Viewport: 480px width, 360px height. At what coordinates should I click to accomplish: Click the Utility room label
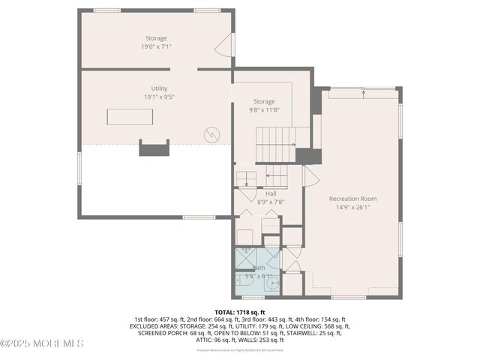[x=159, y=88]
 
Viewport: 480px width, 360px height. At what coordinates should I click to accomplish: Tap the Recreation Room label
[x=352, y=199]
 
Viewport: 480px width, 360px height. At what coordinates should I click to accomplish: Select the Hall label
[x=259, y=193]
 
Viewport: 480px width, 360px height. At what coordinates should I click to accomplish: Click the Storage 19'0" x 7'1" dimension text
[x=157, y=46]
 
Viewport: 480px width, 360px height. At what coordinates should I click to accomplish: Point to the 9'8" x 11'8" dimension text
[x=263, y=109]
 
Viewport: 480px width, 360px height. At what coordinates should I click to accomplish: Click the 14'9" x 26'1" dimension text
[x=352, y=207]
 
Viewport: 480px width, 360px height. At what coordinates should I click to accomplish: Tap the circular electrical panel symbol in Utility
[x=214, y=135]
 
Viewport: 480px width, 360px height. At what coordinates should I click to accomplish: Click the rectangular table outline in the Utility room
[x=130, y=117]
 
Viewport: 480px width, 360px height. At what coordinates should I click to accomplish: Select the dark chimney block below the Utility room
[x=154, y=148]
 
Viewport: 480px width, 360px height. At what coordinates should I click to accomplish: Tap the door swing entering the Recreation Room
[x=310, y=177]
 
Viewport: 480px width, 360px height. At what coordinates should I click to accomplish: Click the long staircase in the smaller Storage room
[x=282, y=137]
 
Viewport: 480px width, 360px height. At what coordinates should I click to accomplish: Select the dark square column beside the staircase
[x=307, y=155]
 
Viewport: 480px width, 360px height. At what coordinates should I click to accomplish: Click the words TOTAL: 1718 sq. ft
[x=240, y=312]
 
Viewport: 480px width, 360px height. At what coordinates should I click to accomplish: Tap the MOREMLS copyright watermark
[x=42, y=343]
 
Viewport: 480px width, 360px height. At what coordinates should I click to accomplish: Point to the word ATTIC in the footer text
[x=204, y=340]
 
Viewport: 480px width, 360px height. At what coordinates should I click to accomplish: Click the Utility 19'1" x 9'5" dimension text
[x=159, y=97]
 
